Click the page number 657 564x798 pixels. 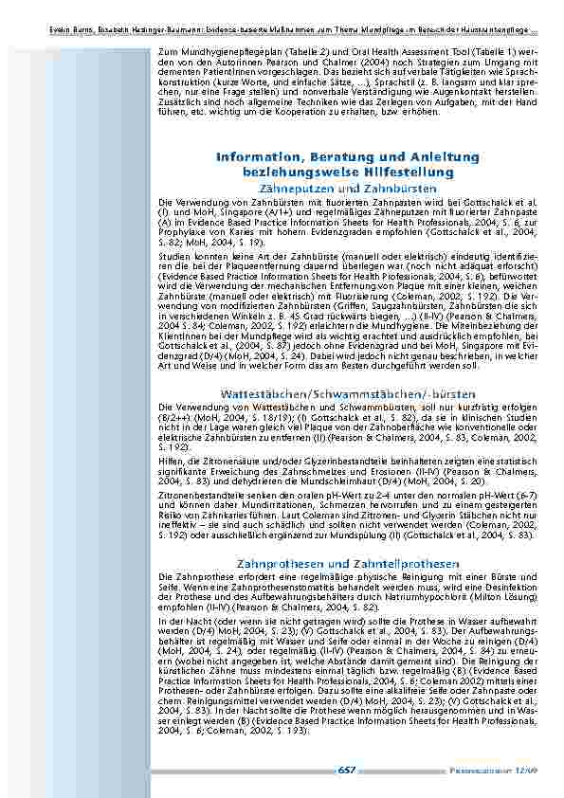(346, 771)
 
